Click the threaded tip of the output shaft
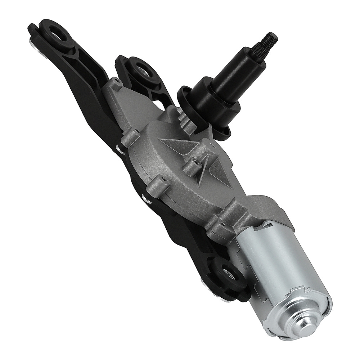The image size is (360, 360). (271, 37)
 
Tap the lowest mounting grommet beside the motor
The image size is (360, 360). (227, 274)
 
